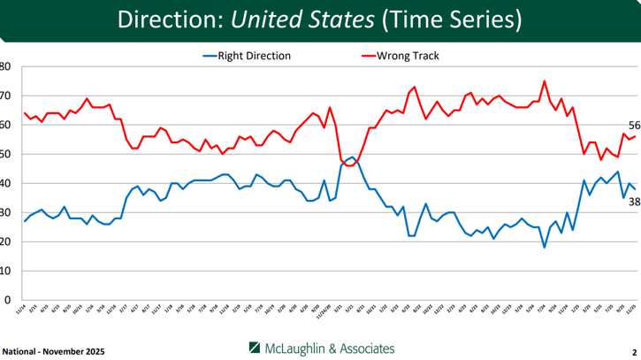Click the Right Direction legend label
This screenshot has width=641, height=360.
tap(256, 56)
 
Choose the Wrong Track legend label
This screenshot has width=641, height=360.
tap(408, 56)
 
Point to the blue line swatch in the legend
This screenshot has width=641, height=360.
tap(210, 56)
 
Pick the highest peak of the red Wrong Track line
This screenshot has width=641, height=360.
tap(545, 81)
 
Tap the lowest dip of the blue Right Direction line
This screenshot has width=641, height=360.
tap(545, 248)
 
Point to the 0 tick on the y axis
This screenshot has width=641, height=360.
tap(6, 301)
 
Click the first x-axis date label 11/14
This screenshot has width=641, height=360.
tap(24, 310)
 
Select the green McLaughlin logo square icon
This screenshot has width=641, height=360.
tap(255, 347)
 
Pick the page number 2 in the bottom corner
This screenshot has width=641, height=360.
tap(634, 351)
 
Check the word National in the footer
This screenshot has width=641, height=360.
tap(19, 351)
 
